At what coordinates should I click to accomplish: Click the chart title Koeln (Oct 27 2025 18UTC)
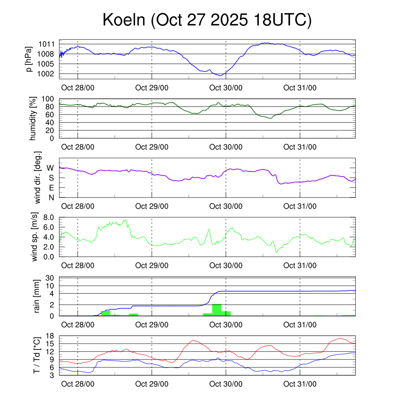tap(207, 20)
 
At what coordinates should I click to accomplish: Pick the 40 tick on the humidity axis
tap(52, 122)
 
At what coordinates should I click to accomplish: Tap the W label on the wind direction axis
tap(50, 168)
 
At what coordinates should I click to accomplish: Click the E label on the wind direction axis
tap(51, 188)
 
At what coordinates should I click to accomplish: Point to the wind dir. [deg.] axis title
tap(38, 177)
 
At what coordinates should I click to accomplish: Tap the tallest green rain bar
tap(217, 310)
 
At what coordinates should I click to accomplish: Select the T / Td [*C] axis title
tap(37, 355)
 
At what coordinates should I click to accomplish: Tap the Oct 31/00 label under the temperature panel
tap(300, 384)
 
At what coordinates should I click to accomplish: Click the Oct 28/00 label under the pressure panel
tap(78, 88)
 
